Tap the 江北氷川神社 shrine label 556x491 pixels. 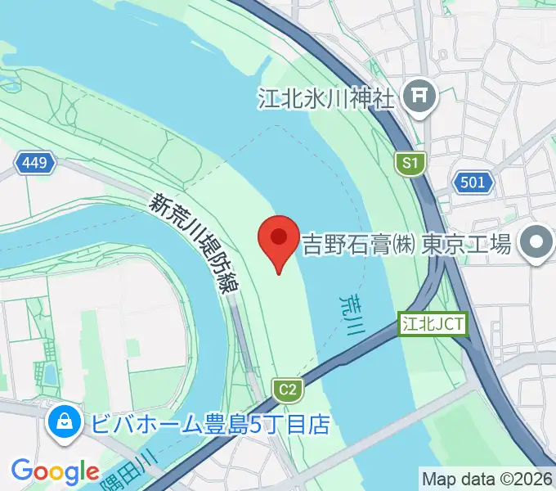[x=326, y=98]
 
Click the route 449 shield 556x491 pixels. [x=34, y=164]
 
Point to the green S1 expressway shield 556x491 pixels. [x=410, y=164]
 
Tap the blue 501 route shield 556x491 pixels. [x=472, y=182]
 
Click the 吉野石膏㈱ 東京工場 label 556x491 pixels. [x=406, y=243]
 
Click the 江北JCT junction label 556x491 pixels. [x=433, y=324]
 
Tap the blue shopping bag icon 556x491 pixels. [x=62, y=422]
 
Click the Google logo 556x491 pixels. [x=55, y=471]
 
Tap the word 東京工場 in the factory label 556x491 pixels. [x=467, y=243]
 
